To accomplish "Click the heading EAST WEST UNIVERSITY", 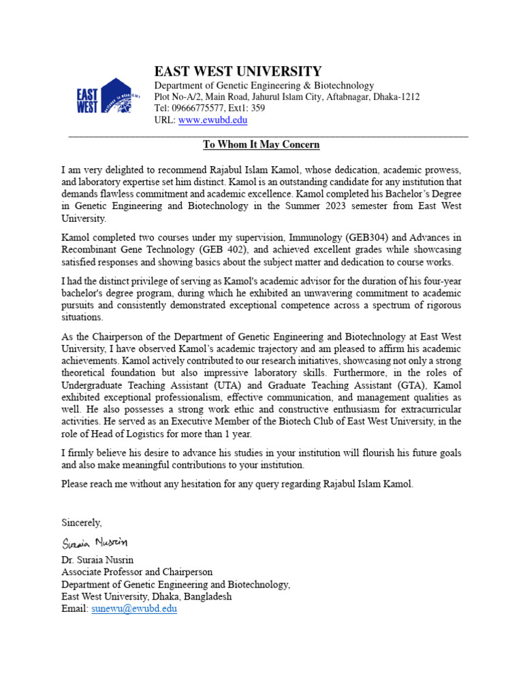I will click(237, 71).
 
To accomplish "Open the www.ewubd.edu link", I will click(212, 120).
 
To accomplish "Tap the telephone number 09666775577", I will click(197, 108).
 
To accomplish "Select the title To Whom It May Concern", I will click(261, 145).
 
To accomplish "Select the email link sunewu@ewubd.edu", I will click(134, 609).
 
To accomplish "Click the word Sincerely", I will click(82, 523).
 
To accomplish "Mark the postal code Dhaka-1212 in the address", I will click(396, 97).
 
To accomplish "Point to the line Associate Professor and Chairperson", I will click(137, 572).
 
